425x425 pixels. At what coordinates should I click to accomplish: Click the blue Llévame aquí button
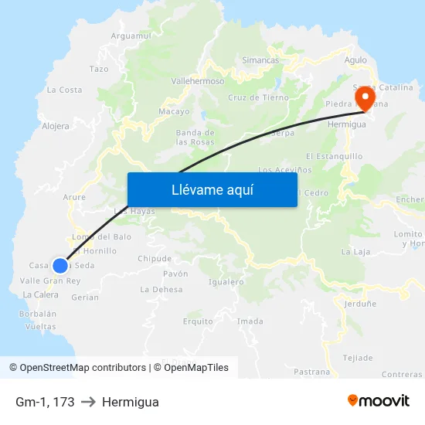pyautogui.click(x=212, y=189)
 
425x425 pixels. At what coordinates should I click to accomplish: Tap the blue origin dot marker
pyautogui.click(x=59, y=265)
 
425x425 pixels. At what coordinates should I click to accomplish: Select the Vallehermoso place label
pyautogui.click(x=197, y=81)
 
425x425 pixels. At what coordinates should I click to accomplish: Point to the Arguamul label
pyautogui.click(x=131, y=36)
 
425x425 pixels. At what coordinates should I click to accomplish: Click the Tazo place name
pyautogui.click(x=99, y=69)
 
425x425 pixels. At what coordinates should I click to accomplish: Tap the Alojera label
pyautogui.click(x=56, y=125)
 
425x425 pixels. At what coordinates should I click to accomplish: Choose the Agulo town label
pyautogui.click(x=356, y=59)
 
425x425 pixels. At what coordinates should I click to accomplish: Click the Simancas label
pyautogui.click(x=260, y=59)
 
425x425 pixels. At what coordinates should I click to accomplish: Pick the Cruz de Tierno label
pyautogui.click(x=258, y=97)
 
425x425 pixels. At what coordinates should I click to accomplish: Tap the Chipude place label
pyautogui.click(x=155, y=258)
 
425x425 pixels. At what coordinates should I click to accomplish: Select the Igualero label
pyautogui.click(x=226, y=282)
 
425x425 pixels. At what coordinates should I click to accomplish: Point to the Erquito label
pyautogui.click(x=198, y=321)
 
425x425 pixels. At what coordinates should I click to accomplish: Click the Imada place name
pyautogui.click(x=250, y=321)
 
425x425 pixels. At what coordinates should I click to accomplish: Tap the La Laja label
pyautogui.click(x=356, y=252)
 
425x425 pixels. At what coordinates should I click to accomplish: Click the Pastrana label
pyautogui.click(x=312, y=372)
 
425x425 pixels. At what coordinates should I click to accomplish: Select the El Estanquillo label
pyautogui.click(x=334, y=156)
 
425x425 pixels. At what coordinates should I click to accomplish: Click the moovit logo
pyautogui.click(x=379, y=400)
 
